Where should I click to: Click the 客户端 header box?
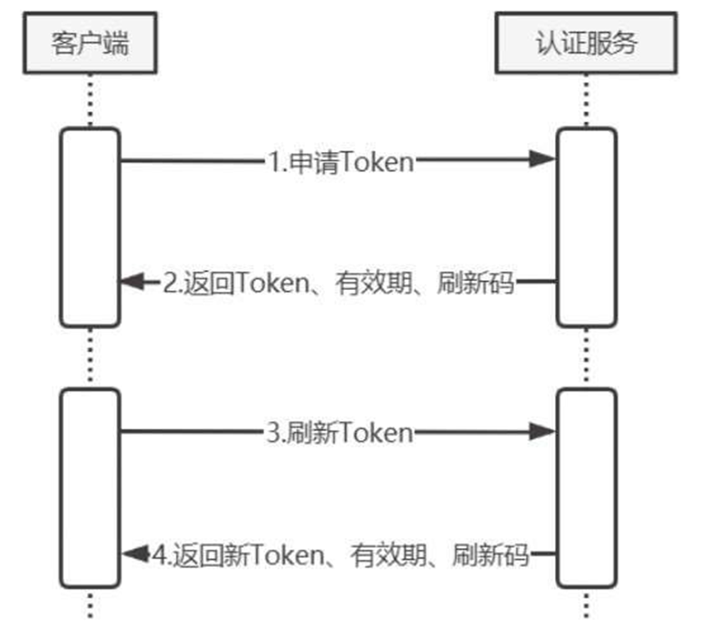(89, 44)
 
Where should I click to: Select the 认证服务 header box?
(585, 44)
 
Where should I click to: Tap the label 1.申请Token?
(341, 162)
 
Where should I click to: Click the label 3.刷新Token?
(339, 432)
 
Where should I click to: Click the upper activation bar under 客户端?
(89, 227)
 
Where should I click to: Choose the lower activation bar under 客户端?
(89, 488)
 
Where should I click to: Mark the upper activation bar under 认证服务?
(586, 227)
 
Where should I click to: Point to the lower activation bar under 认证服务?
(586, 488)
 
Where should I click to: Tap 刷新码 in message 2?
(476, 283)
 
